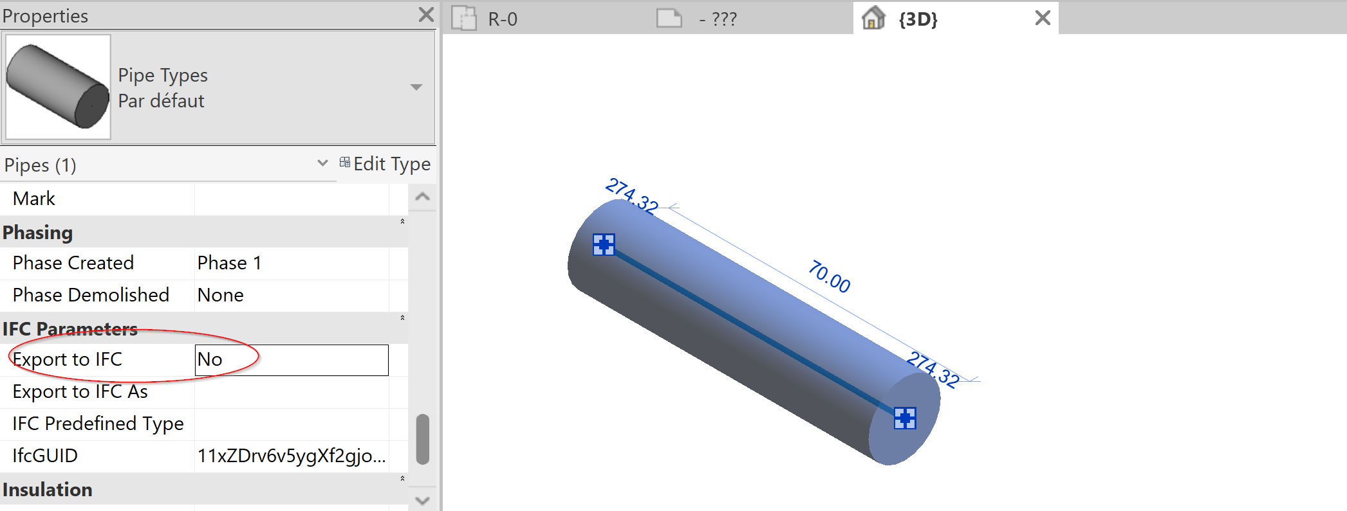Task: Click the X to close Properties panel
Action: tap(426, 15)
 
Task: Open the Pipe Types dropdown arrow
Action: tap(416, 87)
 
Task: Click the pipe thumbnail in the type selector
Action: tap(58, 87)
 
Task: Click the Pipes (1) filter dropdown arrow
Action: tap(322, 163)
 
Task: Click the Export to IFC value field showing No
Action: tap(291, 360)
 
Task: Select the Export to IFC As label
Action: tap(80, 391)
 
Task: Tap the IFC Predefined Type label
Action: tap(98, 424)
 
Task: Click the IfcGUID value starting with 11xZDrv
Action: tap(291, 456)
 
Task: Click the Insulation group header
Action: tap(48, 490)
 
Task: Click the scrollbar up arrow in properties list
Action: tap(423, 197)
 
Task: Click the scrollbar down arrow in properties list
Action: tap(423, 500)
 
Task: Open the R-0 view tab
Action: tap(502, 19)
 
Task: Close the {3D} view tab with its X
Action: tap(1043, 18)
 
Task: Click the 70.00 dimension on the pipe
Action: tap(829, 276)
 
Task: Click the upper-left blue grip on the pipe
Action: tap(604, 244)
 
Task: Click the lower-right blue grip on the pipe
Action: tap(905, 418)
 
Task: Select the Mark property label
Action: tap(34, 199)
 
